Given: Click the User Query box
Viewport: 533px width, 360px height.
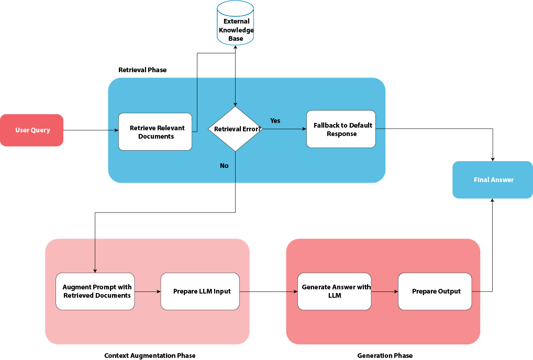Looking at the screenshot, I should pos(32,130).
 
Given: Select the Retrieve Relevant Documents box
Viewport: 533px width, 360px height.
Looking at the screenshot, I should pos(156,132).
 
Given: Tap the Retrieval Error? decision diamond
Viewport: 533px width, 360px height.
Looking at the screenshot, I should pos(235,129).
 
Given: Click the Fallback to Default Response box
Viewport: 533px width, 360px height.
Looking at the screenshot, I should pos(341,129).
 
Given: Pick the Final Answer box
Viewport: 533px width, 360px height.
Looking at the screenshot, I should pos(493,180).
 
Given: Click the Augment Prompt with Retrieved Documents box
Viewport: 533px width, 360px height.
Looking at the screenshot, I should pos(95,291).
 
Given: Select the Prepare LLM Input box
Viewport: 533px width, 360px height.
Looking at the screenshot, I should pos(200,291).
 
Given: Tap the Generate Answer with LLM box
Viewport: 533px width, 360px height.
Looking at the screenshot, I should pos(335,291).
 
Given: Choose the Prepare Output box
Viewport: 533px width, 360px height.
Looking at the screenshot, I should pos(435,291).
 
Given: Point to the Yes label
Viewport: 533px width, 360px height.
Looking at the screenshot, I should pos(275,121).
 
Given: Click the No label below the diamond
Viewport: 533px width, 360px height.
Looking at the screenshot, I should pos(224,166).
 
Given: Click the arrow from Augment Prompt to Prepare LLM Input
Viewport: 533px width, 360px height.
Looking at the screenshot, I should pos(147,291).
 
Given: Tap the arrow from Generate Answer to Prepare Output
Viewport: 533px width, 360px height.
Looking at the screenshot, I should pos(384,291).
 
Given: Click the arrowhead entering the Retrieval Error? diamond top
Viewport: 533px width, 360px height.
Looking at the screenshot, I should pos(235,104).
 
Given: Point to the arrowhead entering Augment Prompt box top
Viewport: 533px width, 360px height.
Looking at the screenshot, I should pos(95,270).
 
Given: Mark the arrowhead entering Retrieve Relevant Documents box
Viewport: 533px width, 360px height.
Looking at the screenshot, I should pos(116,130).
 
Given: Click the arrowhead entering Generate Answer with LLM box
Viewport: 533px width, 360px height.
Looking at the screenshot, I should pos(295,291).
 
